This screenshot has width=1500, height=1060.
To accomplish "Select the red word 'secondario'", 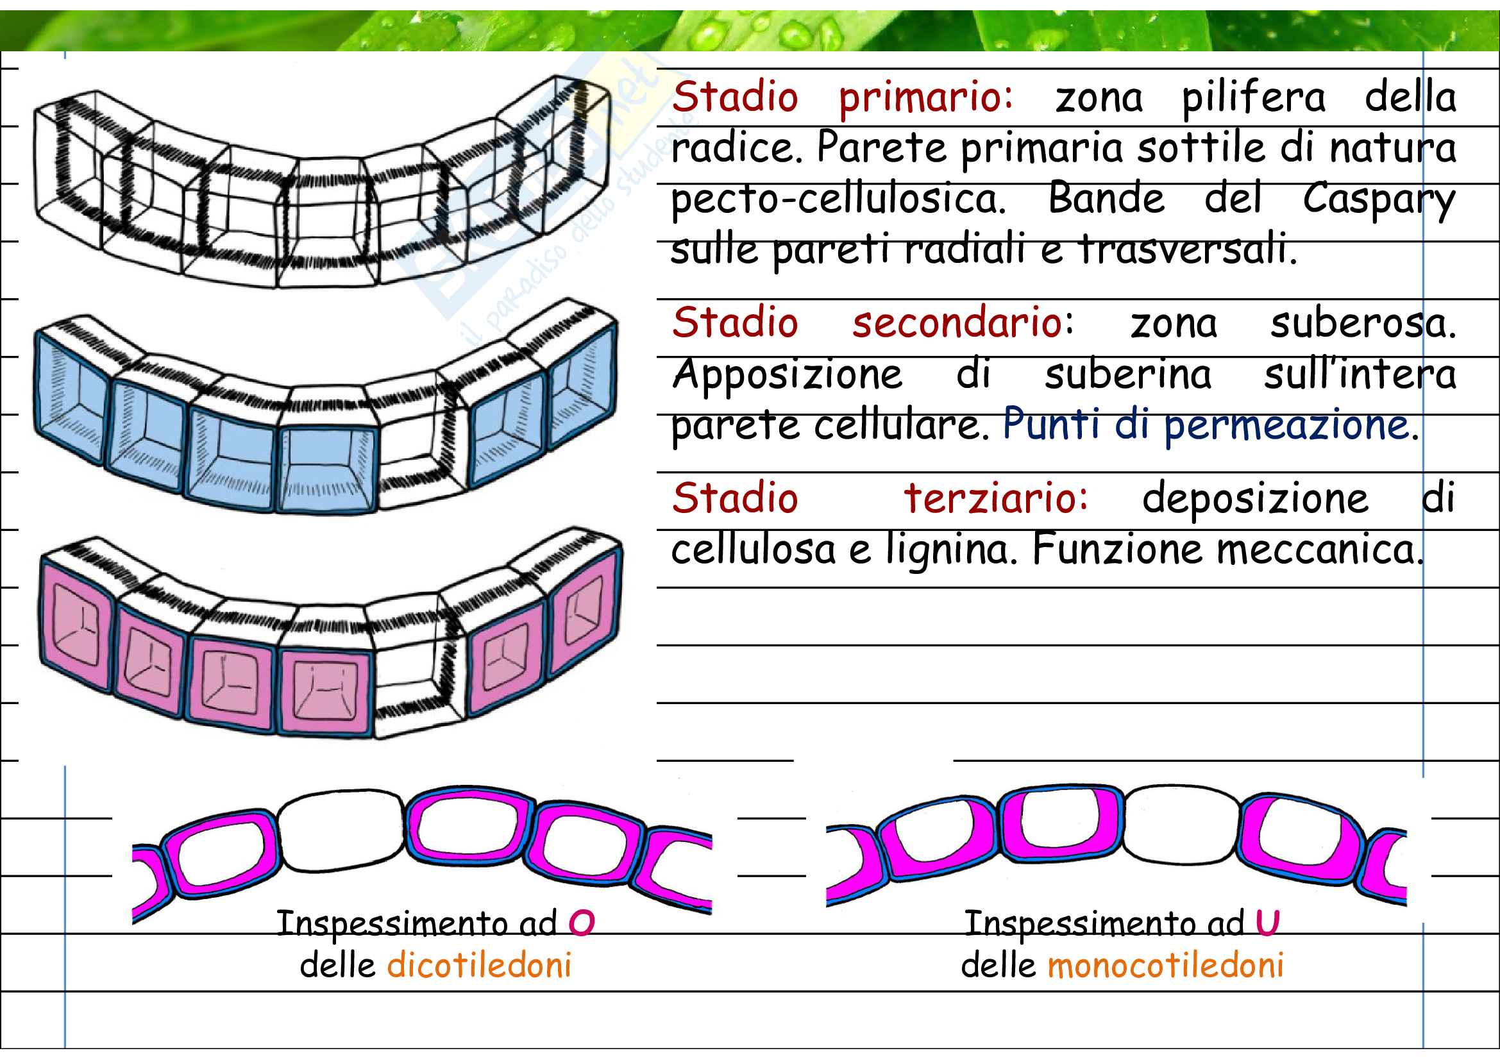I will (957, 323).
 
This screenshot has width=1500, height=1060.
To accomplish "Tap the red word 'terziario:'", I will (996, 499).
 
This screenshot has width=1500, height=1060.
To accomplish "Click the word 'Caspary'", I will (1379, 201).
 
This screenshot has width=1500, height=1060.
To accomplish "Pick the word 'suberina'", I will (1127, 376).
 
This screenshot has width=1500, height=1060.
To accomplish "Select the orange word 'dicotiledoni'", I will (480, 965).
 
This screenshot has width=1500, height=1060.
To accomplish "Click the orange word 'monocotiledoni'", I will (1165, 965).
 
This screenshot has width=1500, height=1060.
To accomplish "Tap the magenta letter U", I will (1267, 922).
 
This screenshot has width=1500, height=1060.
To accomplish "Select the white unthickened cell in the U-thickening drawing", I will (1181, 824).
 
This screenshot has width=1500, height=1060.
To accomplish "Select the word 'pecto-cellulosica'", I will (838, 201).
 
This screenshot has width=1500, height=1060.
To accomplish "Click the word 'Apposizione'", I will (788, 376).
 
